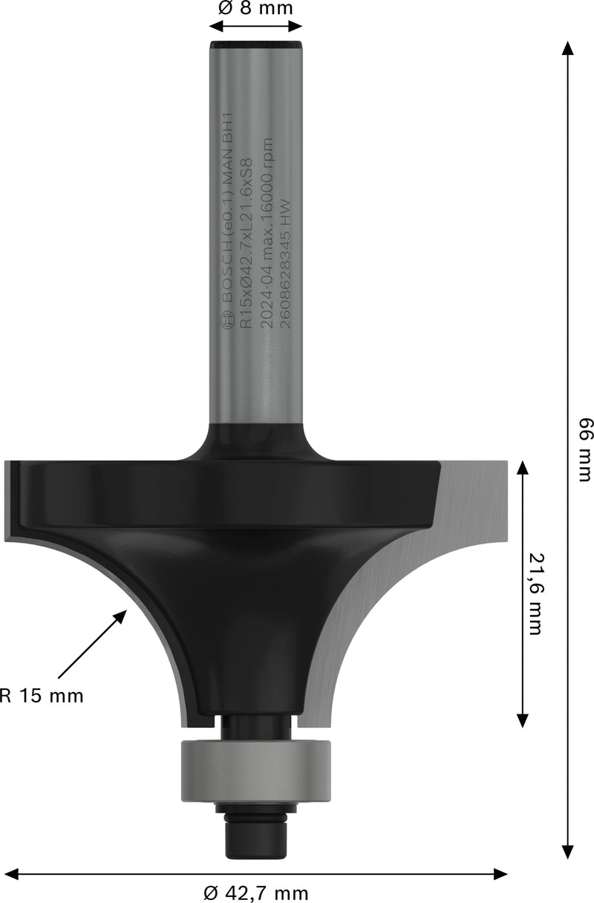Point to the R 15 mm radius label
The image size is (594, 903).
coord(42,696)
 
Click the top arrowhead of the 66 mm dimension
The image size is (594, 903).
coord(568,48)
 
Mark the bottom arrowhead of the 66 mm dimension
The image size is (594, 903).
coord(568,853)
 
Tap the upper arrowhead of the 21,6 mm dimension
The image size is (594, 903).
coord(523,466)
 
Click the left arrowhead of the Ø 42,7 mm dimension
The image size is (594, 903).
coord(10,874)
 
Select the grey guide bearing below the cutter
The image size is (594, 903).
coord(255,772)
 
